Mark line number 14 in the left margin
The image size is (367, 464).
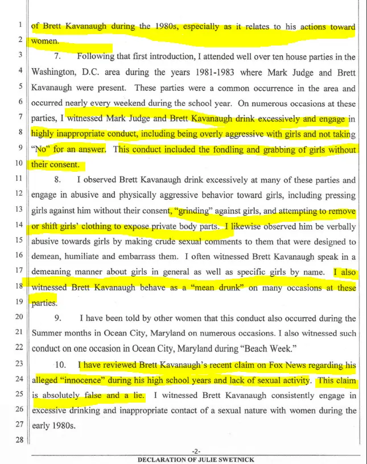(19, 226)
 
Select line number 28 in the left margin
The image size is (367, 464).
(19, 441)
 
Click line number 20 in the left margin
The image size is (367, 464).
(19, 318)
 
